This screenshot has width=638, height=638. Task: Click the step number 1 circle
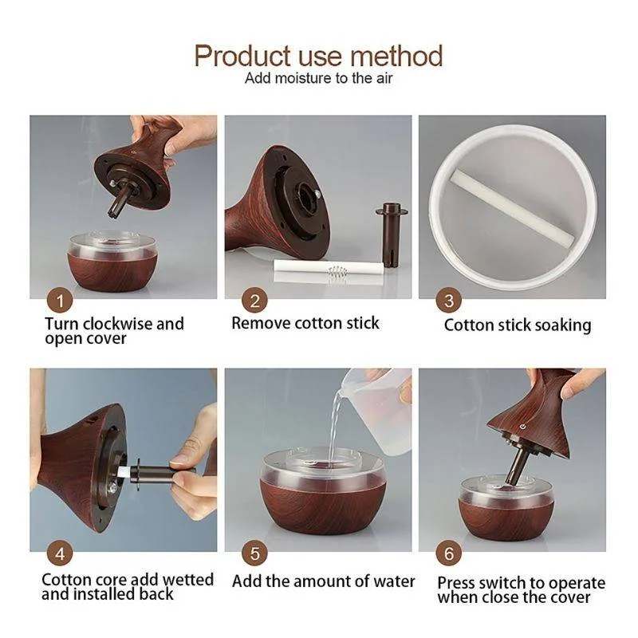[60, 301]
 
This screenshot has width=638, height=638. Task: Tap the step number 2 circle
[254, 301]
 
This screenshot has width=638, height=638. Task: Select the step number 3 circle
[448, 301]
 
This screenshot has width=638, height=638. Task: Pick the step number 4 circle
[60, 553]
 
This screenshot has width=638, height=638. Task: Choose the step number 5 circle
[254, 553]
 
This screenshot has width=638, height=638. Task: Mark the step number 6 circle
[448, 553]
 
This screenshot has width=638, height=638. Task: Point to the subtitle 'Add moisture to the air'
[318, 78]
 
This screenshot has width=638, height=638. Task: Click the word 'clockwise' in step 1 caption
[116, 324]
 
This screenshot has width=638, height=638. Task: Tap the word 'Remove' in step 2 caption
[261, 324]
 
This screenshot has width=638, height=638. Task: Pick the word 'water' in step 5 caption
[394, 581]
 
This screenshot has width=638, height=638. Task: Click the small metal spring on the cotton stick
[337, 272]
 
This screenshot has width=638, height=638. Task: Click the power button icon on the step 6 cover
[523, 427]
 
